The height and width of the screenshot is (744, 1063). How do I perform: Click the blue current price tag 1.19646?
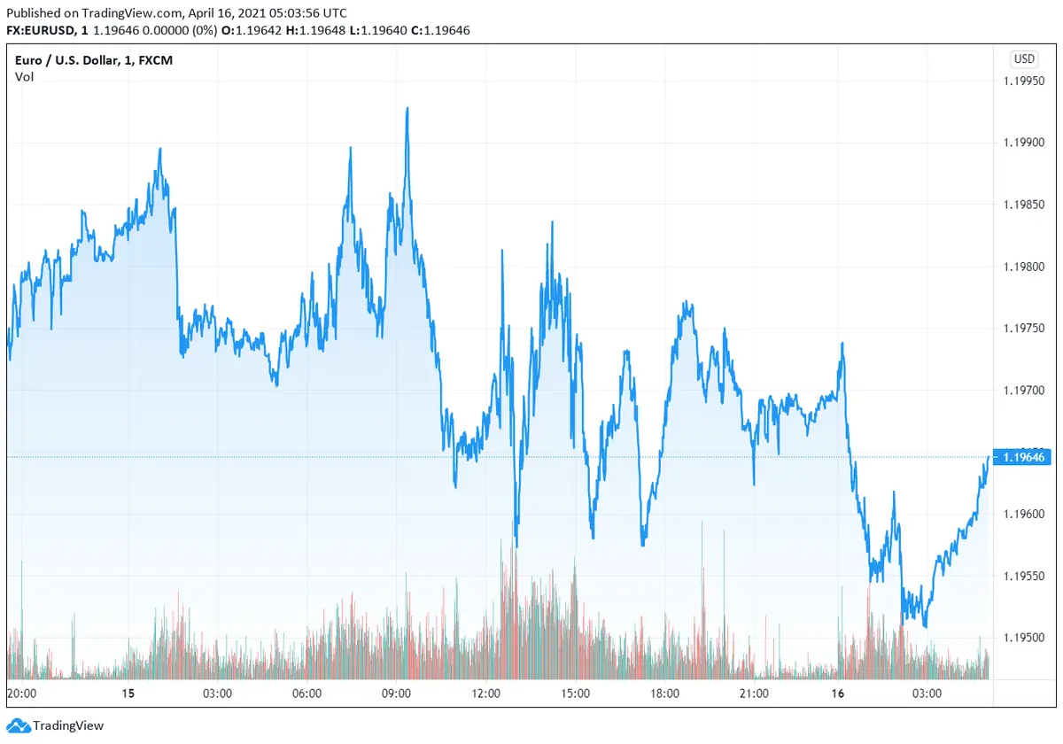[x=1025, y=457]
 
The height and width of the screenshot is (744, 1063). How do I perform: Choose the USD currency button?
[x=1024, y=59]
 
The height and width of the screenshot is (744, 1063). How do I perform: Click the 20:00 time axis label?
[x=21, y=694]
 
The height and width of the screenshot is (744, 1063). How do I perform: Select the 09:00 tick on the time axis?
[x=396, y=694]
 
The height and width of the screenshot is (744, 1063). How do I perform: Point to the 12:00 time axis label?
[x=485, y=694]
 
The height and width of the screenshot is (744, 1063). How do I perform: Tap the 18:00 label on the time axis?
[x=664, y=694]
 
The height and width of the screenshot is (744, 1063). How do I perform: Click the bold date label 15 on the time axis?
[x=128, y=694]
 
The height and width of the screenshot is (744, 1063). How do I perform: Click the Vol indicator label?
[x=24, y=77]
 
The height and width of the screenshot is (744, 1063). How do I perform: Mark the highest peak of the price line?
[x=407, y=108]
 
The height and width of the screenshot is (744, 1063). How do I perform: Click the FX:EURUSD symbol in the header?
[x=42, y=30]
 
